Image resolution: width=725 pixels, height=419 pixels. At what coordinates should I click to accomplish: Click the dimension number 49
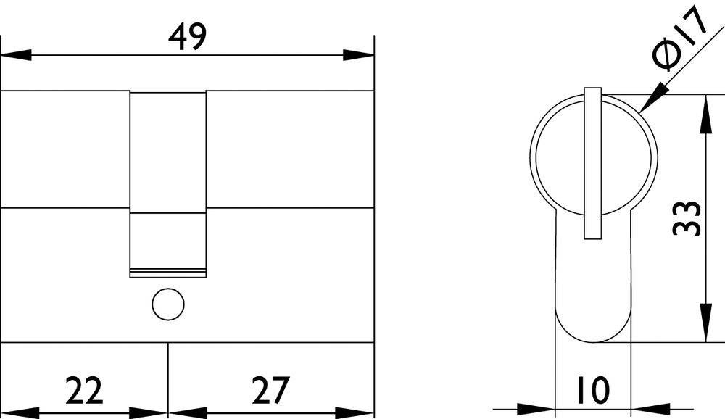coord(186,36)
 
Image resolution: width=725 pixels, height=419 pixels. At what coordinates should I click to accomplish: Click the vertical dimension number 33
coord(686,217)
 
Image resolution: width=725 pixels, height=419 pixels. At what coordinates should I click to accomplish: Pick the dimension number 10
coord(593,390)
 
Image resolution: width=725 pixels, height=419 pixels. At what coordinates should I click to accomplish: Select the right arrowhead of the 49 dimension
coord(359,55)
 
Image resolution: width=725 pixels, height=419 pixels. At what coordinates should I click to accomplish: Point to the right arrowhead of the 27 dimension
coord(359,411)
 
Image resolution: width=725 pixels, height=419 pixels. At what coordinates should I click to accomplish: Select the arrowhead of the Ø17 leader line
coord(648,104)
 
